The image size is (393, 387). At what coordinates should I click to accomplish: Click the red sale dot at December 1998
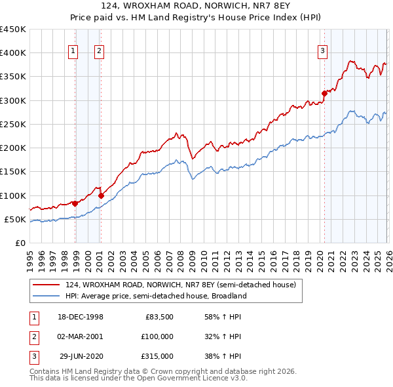[75, 203]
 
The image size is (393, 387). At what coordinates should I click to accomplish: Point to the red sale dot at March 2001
[102, 195]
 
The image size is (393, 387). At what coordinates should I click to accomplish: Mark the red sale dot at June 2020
[324, 93]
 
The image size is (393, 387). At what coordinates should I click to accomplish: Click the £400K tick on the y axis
[13, 53]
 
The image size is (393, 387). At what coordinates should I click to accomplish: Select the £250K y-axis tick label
[13, 124]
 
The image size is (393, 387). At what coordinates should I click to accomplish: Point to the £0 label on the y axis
[20, 243]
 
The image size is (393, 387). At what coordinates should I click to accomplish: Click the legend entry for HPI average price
[156, 296]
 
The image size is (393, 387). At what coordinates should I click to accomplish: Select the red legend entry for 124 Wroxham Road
[181, 285]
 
